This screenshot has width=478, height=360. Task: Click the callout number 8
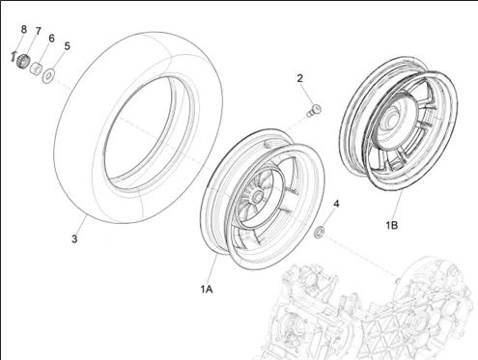(23, 29)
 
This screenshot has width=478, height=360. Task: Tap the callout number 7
(39, 31)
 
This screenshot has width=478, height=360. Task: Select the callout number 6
(51, 39)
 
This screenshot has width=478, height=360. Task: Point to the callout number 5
(67, 46)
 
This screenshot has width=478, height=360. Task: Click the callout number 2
(300, 78)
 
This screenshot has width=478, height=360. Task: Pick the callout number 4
(336, 204)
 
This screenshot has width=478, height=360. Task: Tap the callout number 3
(74, 239)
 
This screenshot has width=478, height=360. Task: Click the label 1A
(207, 290)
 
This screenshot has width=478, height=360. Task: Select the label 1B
(392, 225)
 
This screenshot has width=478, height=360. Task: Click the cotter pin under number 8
(13, 56)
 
